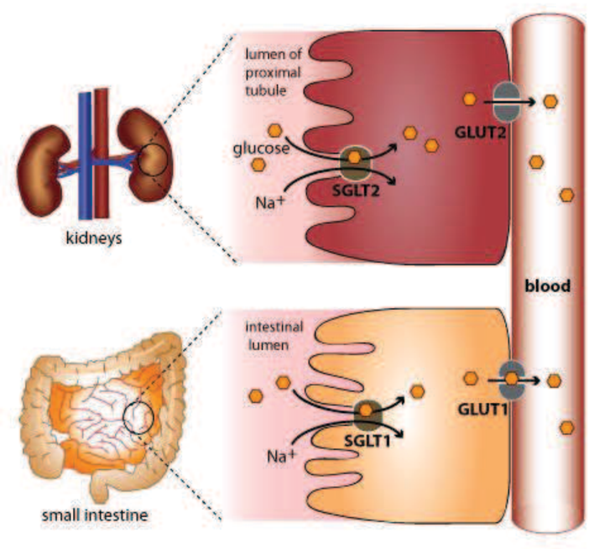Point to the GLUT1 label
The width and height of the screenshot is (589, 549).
click(x=479, y=408)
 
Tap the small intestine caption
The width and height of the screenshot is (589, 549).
click(x=94, y=513)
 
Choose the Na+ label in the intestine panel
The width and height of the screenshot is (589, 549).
click(x=278, y=457)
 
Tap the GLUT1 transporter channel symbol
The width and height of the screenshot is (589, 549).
click(x=511, y=379)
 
